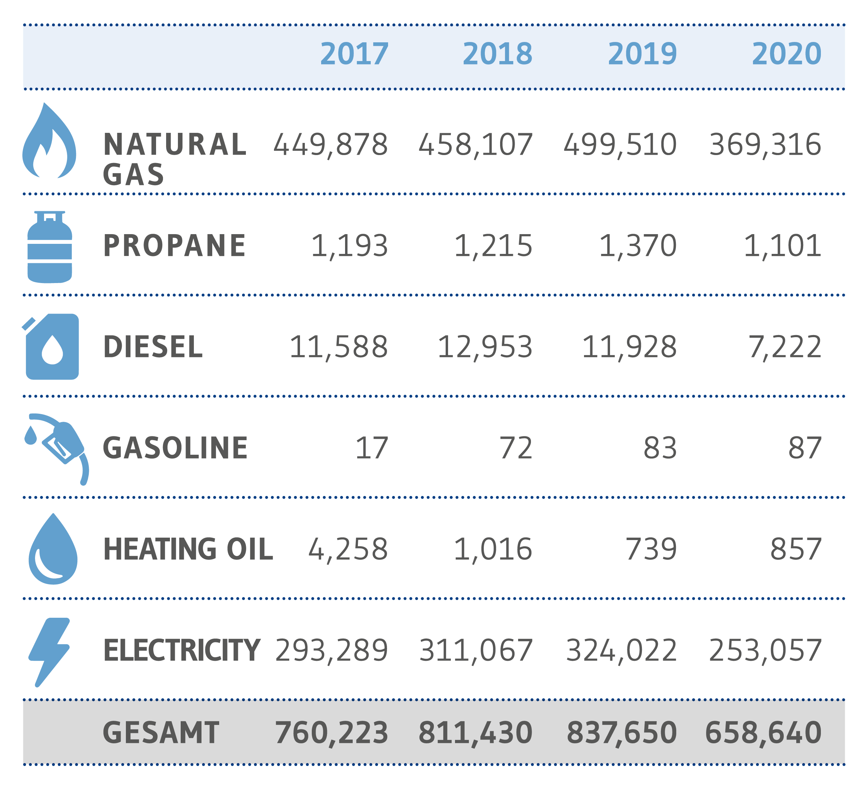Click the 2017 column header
354,54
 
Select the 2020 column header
787,54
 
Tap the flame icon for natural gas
49,140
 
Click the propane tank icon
50,247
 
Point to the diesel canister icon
51,347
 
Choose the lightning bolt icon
49,652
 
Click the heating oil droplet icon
53,549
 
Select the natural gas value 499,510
620,145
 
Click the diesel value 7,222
785,348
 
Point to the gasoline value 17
371,448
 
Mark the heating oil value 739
651,549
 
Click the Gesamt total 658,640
763,733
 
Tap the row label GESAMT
161,733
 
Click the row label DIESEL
153,347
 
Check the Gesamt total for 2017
332,733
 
